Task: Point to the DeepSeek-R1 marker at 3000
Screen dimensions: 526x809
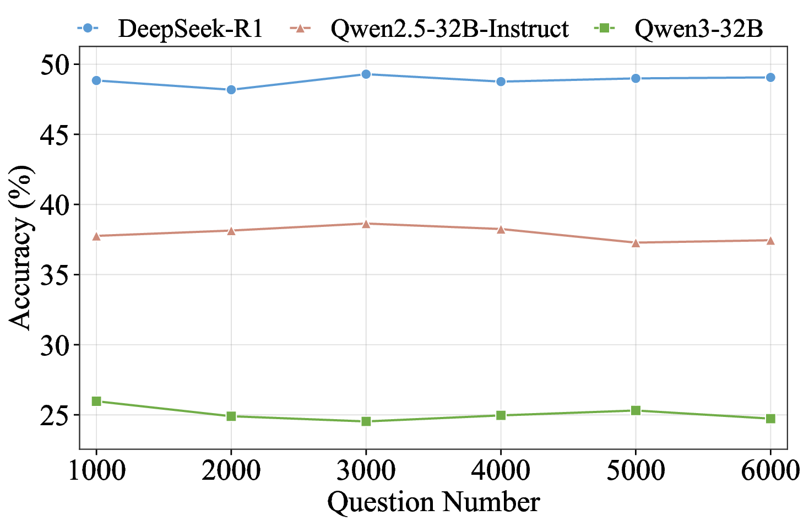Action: [x=366, y=74]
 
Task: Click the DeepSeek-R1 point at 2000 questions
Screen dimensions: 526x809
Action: [x=231, y=89]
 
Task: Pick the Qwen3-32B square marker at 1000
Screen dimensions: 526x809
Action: [x=96, y=401]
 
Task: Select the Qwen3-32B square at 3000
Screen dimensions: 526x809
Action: [x=366, y=421]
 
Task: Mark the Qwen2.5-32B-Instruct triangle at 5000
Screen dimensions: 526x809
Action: [x=636, y=242]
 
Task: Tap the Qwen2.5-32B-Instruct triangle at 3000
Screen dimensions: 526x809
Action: [x=366, y=224]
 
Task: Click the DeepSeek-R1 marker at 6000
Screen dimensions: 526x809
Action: [x=770, y=77]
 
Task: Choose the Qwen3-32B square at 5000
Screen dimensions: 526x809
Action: [x=636, y=410]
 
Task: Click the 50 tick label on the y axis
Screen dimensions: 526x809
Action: [x=56, y=65]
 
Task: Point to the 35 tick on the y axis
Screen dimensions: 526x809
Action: [x=56, y=275]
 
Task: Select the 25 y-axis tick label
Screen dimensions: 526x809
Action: [x=56, y=415]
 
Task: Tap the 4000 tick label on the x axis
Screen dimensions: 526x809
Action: [x=501, y=471]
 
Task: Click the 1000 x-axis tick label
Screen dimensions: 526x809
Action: [x=96, y=471]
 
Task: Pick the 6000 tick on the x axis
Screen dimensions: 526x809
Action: [x=770, y=471]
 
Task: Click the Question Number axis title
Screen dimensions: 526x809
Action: [x=433, y=502]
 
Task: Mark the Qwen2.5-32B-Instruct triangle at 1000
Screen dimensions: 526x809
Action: [x=96, y=236]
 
